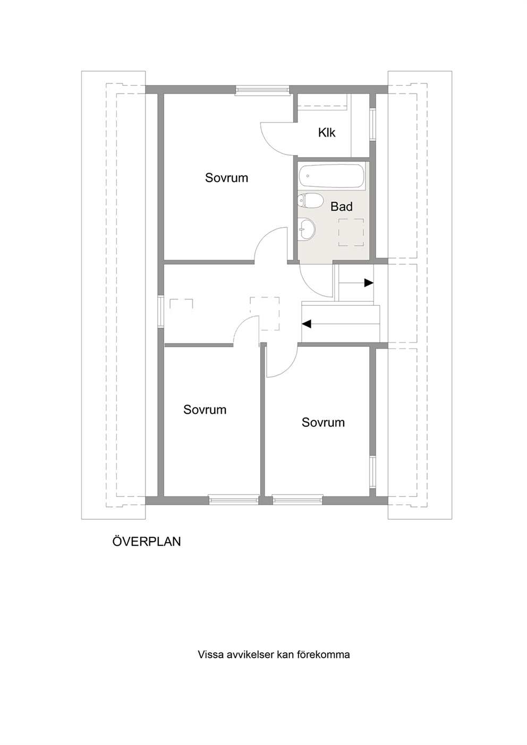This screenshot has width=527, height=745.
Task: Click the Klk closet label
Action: pyautogui.click(x=326, y=133)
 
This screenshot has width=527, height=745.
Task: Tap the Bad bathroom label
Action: pyautogui.click(x=342, y=207)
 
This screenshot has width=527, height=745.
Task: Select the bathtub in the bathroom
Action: pyautogui.click(x=331, y=176)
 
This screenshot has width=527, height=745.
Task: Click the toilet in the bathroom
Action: pyautogui.click(x=310, y=201)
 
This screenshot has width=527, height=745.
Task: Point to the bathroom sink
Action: pyautogui.click(x=307, y=228)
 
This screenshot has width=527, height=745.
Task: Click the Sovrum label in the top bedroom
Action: pyautogui.click(x=226, y=178)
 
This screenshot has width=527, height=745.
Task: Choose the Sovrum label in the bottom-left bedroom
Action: pyautogui.click(x=205, y=409)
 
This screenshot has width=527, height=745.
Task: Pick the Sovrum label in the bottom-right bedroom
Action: pyautogui.click(x=323, y=422)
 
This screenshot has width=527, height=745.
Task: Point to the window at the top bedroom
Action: pyautogui.click(x=262, y=90)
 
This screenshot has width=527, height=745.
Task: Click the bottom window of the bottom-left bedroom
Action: pyautogui.click(x=234, y=500)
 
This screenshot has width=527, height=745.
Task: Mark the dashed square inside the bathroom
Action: pyautogui.click(x=351, y=232)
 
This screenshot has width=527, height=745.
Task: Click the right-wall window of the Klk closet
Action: pyautogui.click(x=372, y=124)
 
